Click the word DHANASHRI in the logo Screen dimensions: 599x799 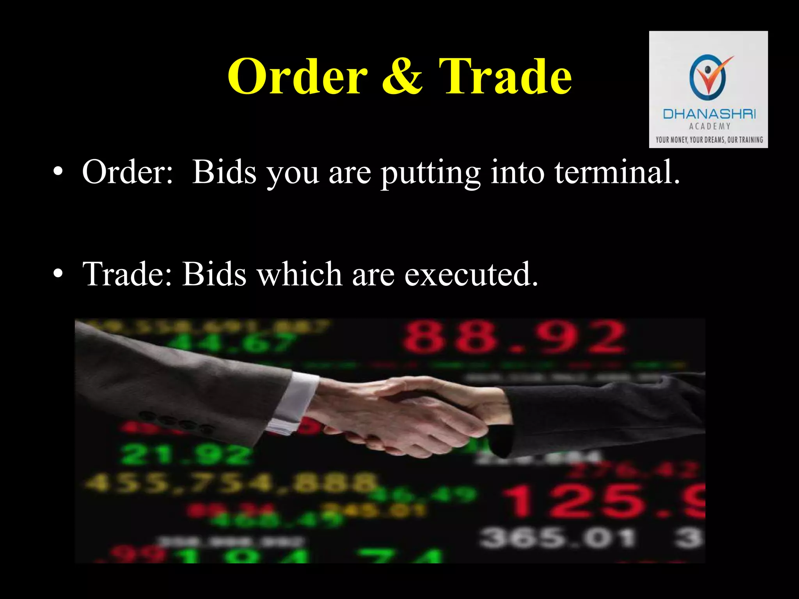pyautogui.click(x=709, y=114)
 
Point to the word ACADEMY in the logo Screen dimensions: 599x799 pyautogui.click(x=709, y=126)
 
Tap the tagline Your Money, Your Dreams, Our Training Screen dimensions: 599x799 pyautogui.click(x=709, y=140)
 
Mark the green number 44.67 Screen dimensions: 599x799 pyautogui.click(x=230, y=343)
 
